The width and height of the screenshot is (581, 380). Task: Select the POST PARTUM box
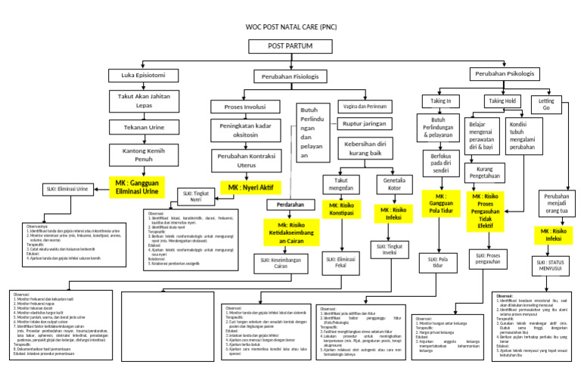tap(290, 47)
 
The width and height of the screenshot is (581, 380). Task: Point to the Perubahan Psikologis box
tap(504, 74)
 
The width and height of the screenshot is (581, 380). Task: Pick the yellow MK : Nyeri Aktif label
tap(249, 187)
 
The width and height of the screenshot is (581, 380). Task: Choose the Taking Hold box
tap(502, 100)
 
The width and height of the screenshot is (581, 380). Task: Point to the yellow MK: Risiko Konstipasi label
tap(340, 209)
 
